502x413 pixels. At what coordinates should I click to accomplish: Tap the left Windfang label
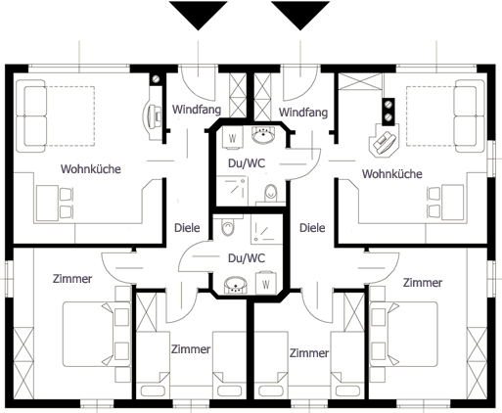[x=197, y=110]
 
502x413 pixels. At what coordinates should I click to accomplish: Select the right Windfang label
[x=303, y=113]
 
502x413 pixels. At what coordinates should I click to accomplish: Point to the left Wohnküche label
[x=91, y=169]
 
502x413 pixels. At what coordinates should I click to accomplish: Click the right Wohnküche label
[x=392, y=174]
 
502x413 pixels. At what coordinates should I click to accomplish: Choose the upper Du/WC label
[x=247, y=163]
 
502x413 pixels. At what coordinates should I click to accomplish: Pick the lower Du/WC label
[x=247, y=258]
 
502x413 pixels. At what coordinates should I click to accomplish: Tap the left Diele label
[x=187, y=228]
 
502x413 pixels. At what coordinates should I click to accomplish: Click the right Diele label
[x=312, y=228]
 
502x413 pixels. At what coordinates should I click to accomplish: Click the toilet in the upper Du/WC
[x=270, y=194]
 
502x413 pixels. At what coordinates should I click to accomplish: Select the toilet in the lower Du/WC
[x=228, y=227]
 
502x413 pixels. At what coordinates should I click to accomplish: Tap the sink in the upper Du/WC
[x=263, y=135]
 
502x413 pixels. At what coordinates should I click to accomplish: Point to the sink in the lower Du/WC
[x=236, y=285]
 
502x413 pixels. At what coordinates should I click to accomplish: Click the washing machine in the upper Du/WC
[x=232, y=138]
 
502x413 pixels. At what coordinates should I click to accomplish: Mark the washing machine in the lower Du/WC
[x=266, y=283]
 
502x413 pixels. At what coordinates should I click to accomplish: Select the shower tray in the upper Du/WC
[x=232, y=191]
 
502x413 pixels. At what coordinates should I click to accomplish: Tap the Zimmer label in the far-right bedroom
[x=423, y=282]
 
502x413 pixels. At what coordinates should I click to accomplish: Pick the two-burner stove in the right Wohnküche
[x=388, y=112]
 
